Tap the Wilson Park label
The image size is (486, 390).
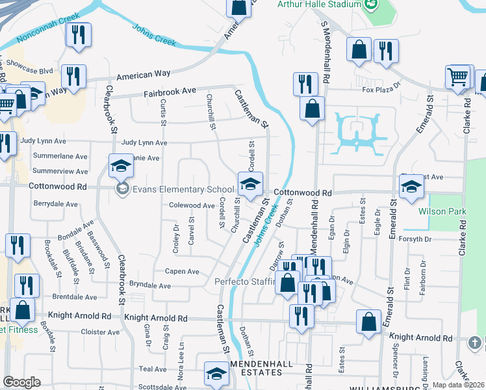pos(440,211)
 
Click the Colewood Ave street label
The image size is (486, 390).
pos(192,205)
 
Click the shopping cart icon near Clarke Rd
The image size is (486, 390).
pos(458,77)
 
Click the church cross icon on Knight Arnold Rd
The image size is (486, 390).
pos(476,341)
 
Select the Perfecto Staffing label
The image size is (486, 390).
pos(244,282)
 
